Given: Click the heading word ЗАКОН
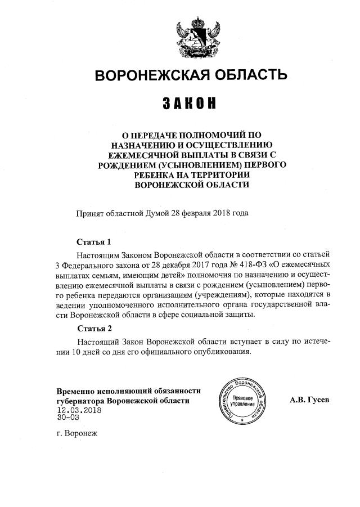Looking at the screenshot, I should [x=189, y=104].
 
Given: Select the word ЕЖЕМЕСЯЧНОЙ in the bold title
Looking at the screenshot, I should [x=138, y=155].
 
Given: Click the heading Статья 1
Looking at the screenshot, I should [x=93, y=242].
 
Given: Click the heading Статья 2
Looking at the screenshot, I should [x=93, y=329].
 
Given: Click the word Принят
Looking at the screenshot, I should [x=90, y=213].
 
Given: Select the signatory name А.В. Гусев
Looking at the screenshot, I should [x=309, y=400].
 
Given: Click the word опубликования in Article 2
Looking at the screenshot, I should [x=216, y=351].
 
